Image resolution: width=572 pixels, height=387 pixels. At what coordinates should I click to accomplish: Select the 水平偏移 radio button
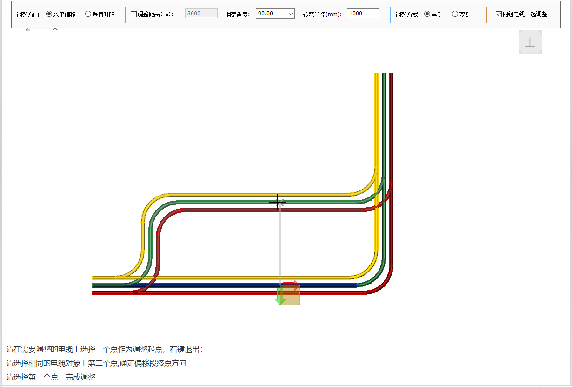pyautogui.click(x=49, y=14)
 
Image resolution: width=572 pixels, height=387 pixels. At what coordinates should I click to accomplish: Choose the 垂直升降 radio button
pyautogui.click(x=88, y=14)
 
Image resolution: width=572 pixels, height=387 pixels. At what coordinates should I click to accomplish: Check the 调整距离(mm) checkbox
pyautogui.click(x=134, y=14)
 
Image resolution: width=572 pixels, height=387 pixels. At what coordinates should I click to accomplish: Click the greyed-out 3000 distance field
pyautogui.click(x=201, y=14)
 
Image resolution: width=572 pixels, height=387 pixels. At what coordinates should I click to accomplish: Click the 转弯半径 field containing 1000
pyautogui.click(x=363, y=14)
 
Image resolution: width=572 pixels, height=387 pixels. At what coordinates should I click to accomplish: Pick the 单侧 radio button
pyautogui.click(x=427, y=14)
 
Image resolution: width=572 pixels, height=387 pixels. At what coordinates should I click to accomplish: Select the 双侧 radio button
pyautogui.click(x=455, y=14)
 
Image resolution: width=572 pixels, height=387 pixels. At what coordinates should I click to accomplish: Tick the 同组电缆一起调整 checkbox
pyautogui.click(x=499, y=14)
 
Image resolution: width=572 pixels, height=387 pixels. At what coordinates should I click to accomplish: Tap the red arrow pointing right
pyautogui.click(x=291, y=285)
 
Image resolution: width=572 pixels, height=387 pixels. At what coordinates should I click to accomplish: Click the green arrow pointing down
pyautogui.click(x=280, y=296)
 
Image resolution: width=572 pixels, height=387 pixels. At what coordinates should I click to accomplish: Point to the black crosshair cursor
pyautogui.click(x=278, y=202)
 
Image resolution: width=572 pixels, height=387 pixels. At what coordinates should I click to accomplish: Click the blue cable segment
pyautogui.click(x=209, y=285)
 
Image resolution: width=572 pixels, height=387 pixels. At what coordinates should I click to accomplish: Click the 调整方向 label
pyautogui.click(x=28, y=14)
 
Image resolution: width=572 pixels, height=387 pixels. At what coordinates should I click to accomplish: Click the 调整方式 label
pyautogui.click(x=408, y=14)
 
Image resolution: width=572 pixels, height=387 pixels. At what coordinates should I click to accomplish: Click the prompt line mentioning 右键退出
pyautogui.click(x=104, y=349)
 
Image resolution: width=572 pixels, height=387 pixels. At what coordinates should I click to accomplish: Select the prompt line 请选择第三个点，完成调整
pyautogui.click(x=51, y=377)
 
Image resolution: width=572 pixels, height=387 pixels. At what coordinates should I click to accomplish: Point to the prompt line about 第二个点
pyautogui.click(x=96, y=363)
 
